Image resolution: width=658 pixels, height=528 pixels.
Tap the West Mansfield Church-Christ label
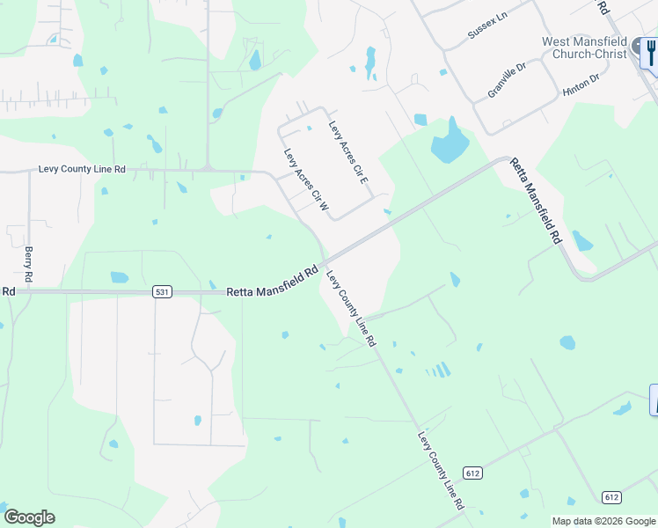pos(584,48)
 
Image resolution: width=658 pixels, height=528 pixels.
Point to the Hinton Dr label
pos(581,84)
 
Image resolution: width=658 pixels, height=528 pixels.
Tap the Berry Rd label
pos(29,264)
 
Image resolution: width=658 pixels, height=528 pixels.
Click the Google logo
pos(29,517)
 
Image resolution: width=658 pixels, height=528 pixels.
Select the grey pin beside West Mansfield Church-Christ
pos(636,48)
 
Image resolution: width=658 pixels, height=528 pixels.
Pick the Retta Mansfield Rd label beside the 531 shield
pos(272,283)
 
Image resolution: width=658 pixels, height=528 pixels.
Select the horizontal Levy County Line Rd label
pos(82,169)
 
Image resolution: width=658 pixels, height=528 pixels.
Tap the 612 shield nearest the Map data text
pos(612,497)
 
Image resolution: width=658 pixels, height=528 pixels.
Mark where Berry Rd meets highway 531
pos(29,292)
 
